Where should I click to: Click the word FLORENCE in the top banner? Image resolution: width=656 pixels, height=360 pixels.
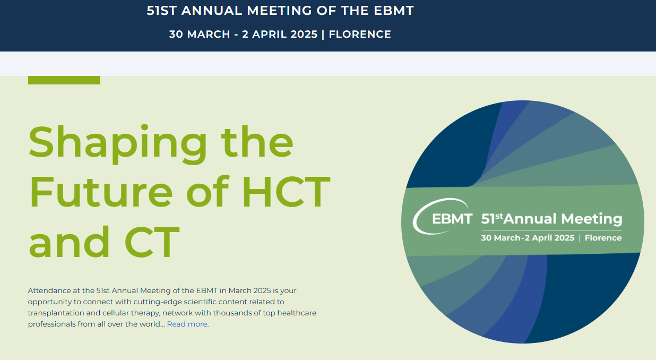click(360, 35)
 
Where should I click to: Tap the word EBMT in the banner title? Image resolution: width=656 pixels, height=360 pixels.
click(394, 11)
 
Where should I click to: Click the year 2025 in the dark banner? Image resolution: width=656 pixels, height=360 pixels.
click(304, 35)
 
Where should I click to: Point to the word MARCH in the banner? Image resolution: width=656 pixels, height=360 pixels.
click(209, 35)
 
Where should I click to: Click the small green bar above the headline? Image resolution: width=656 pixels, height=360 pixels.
click(64, 80)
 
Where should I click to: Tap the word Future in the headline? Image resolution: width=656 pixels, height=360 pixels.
click(101, 192)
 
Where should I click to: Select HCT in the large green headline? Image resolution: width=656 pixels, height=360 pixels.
click(287, 192)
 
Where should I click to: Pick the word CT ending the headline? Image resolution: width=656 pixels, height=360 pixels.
click(152, 242)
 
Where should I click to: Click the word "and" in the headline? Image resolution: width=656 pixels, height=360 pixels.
click(70, 242)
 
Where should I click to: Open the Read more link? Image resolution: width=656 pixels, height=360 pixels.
click(187, 324)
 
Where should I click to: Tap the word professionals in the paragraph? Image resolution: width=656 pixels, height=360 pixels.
click(52, 324)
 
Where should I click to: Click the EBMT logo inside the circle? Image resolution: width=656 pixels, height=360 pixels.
click(443, 217)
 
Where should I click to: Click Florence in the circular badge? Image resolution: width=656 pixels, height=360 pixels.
click(603, 237)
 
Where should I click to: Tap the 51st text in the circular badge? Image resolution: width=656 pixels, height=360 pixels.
click(492, 219)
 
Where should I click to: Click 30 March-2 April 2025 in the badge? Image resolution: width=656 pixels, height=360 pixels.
click(528, 237)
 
